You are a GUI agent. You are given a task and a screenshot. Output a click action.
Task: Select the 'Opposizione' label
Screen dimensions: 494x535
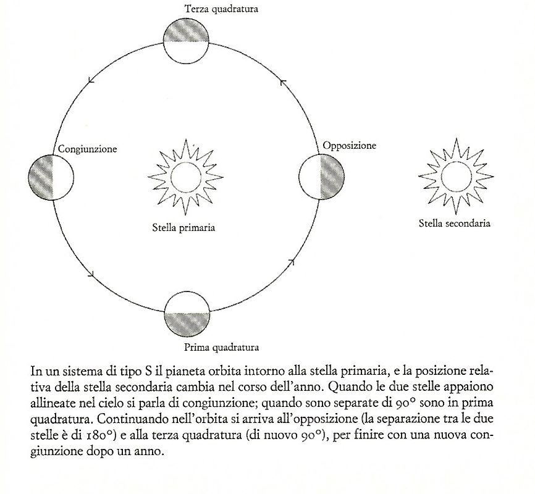[349, 146]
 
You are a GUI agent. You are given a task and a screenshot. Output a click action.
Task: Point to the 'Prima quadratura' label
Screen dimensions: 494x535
[221, 346]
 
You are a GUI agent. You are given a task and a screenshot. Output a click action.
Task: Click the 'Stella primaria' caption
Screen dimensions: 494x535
[183, 227]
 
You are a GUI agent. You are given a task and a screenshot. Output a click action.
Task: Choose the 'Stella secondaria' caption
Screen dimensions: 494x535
[454, 223]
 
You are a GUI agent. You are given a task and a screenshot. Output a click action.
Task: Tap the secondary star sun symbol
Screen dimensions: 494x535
[455, 175]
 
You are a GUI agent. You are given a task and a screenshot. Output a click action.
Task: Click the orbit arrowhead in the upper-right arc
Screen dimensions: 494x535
[283, 81]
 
